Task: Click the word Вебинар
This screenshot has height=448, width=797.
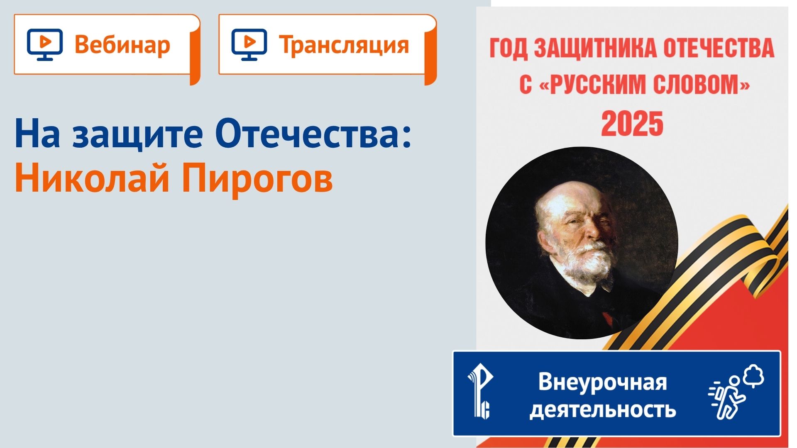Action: [x=122, y=45]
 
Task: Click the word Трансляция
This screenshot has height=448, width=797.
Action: [x=344, y=45]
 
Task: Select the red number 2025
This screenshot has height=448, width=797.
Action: [x=632, y=124]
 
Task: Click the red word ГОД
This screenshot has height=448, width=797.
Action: [x=509, y=49]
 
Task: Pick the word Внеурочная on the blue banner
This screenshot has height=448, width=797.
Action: [x=602, y=382]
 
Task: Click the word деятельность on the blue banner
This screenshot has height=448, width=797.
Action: [x=602, y=410]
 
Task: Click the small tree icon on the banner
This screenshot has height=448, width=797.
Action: [x=754, y=375]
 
